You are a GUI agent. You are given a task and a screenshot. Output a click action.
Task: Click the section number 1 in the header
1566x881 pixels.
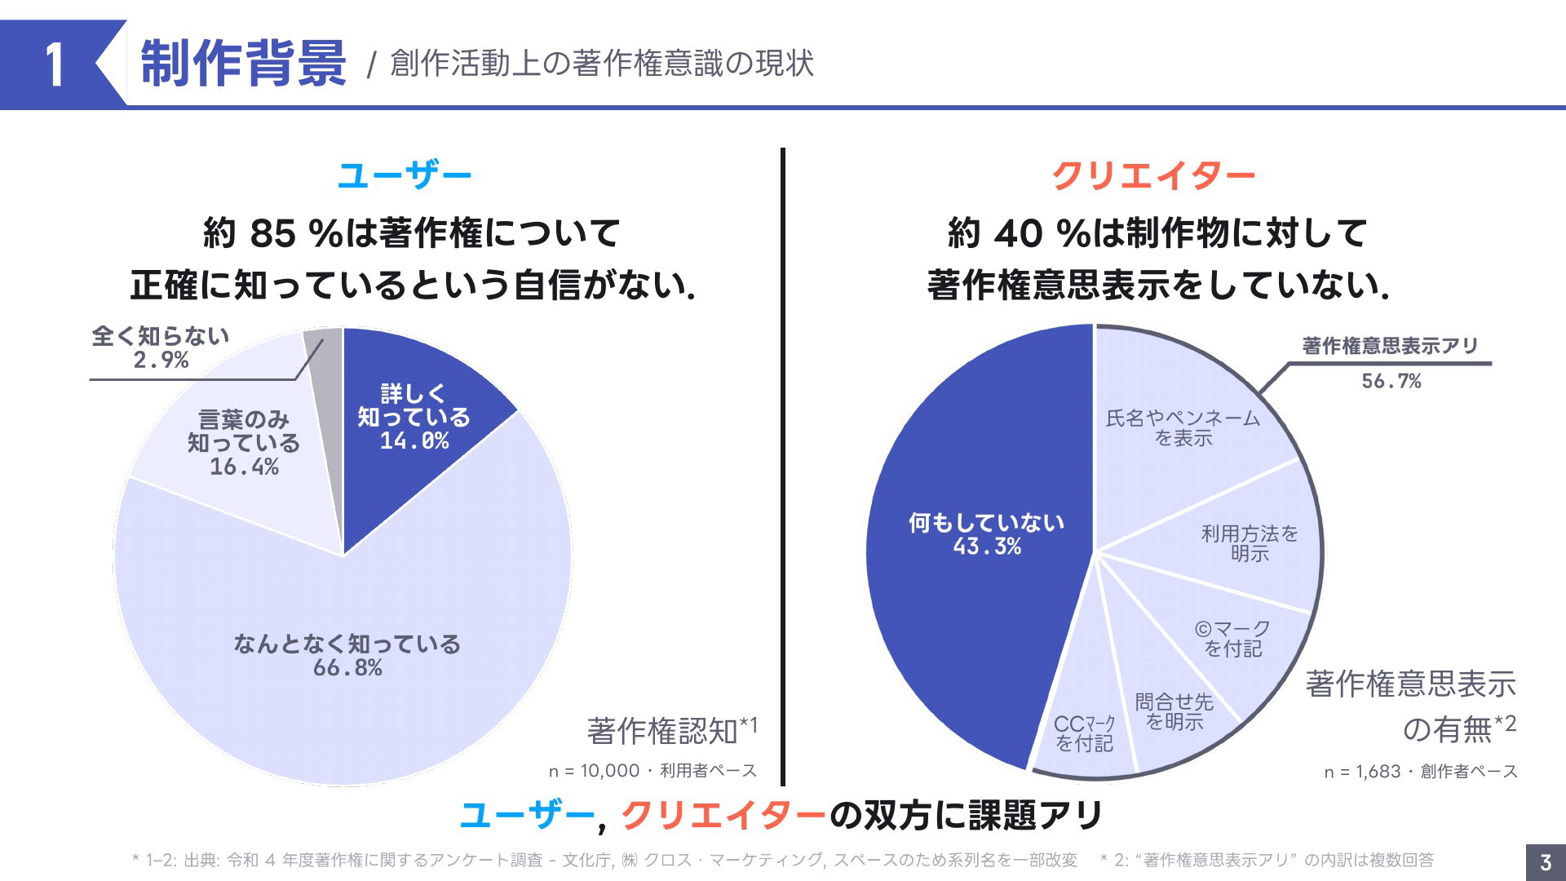click(x=54, y=64)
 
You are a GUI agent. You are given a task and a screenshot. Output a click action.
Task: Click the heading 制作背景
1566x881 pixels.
click(x=243, y=63)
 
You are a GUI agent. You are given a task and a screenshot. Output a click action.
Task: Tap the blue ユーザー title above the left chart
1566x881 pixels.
click(x=405, y=175)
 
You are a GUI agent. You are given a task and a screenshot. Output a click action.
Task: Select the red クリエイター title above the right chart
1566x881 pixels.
click(x=1152, y=175)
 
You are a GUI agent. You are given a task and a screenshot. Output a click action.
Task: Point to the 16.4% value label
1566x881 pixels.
click(x=244, y=467)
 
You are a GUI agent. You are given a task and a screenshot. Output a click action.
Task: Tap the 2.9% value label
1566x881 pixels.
click(x=161, y=360)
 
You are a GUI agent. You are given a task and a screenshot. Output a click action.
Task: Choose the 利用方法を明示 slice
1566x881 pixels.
click(x=1249, y=543)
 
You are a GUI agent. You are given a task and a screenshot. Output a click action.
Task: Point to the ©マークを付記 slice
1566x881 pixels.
click(x=1232, y=639)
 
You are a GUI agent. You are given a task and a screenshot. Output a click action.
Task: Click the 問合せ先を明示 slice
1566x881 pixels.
click(x=1174, y=711)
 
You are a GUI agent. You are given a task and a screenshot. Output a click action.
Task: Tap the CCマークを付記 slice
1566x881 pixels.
click(x=1084, y=733)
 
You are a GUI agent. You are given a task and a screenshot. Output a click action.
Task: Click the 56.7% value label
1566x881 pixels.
click(x=1391, y=381)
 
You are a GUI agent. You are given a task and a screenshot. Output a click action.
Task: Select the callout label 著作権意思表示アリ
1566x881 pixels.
click(x=1390, y=346)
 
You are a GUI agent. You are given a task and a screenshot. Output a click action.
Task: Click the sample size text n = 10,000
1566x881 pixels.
click(x=595, y=771)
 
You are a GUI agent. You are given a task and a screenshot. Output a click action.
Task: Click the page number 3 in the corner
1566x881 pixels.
click(x=1545, y=862)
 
